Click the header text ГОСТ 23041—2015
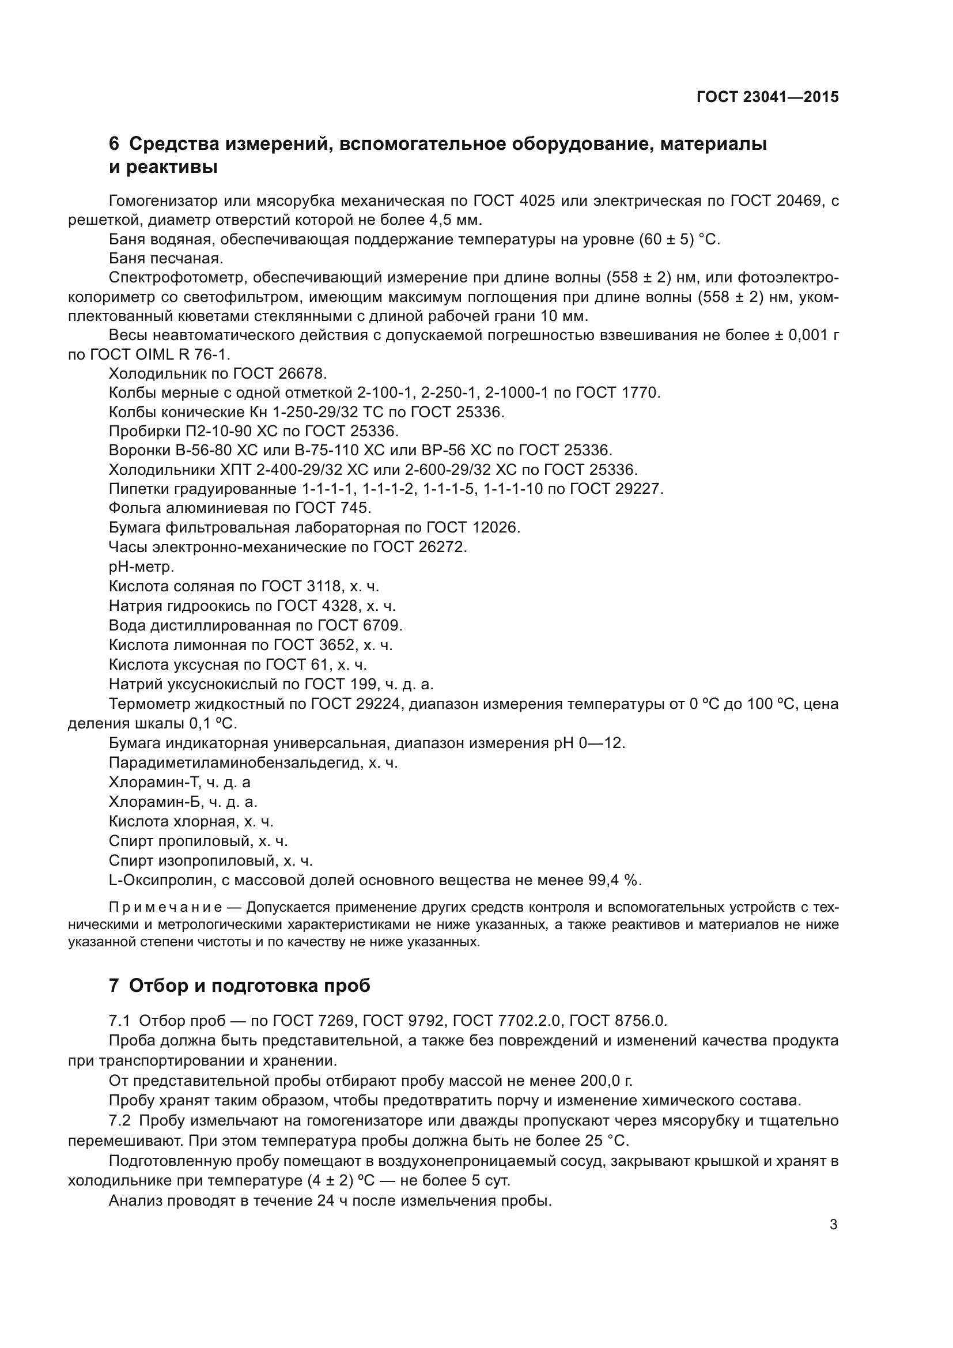click(767, 97)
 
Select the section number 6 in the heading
click(114, 144)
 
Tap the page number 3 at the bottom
click(833, 1225)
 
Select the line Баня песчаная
click(165, 258)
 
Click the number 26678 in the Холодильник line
click(305, 374)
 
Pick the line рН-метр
click(141, 567)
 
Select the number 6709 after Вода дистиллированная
click(382, 625)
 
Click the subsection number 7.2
click(120, 1121)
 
